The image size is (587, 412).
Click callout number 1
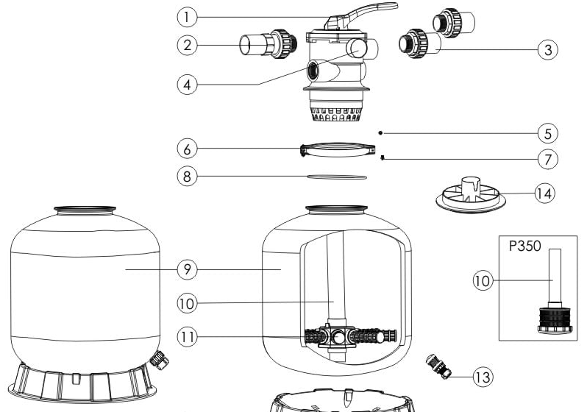(x=187, y=17)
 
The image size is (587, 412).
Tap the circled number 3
(x=548, y=49)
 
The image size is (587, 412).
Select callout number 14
(x=544, y=193)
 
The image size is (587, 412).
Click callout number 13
(x=483, y=377)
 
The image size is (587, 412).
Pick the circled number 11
(x=187, y=336)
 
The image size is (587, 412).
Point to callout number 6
(x=187, y=149)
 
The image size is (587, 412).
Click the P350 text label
(x=525, y=246)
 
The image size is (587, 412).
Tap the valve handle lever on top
(x=360, y=14)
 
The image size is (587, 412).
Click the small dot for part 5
(x=380, y=132)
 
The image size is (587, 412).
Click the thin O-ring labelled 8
(x=337, y=177)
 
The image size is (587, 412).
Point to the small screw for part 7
(x=383, y=157)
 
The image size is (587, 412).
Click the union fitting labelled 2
(x=268, y=44)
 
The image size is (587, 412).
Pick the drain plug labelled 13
(x=438, y=366)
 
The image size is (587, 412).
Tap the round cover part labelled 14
(x=471, y=195)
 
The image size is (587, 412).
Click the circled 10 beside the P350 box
(x=483, y=280)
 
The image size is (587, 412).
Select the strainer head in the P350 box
(x=555, y=320)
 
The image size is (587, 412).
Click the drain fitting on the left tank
(x=160, y=360)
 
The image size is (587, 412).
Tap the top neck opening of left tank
(x=85, y=210)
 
